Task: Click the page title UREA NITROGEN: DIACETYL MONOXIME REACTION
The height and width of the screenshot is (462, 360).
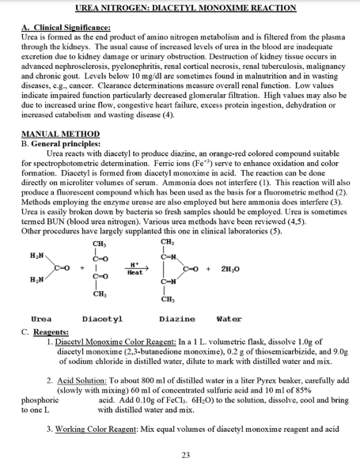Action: point(180,8)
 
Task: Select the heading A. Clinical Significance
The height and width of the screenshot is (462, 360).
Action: point(60,28)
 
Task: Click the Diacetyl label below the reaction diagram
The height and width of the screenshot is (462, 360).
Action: point(102,318)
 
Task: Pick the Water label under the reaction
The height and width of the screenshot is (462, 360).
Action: point(229,318)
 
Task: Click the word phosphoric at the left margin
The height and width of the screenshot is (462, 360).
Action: point(40,400)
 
